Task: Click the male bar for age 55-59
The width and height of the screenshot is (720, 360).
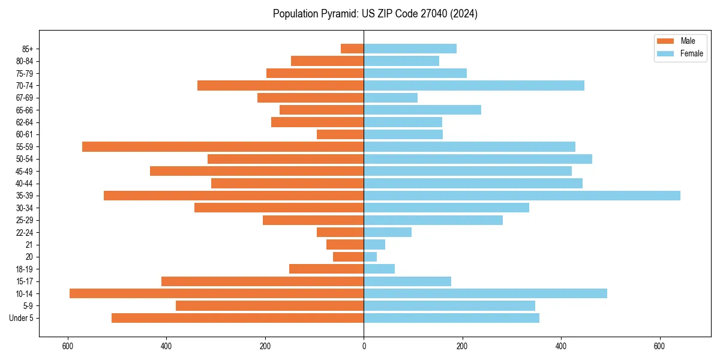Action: [x=223, y=146]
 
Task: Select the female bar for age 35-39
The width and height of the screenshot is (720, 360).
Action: [x=522, y=196]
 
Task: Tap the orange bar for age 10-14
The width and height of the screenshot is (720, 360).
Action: [x=217, y=293]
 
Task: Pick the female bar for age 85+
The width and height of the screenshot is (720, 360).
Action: [x=410, y=49]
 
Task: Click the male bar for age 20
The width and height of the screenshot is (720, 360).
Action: [x=349, y=257]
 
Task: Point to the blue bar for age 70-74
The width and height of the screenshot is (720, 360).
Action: [x=474, y=85]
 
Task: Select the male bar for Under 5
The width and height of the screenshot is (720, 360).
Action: [x=238, y=318]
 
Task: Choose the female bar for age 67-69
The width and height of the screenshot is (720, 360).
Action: [x=391, y=98]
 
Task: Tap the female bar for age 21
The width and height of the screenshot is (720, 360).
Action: [x=374, y=244]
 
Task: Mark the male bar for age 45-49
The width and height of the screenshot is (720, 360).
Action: [x=257, y=171]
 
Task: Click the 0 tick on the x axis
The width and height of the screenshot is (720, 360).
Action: [x=364, y=346]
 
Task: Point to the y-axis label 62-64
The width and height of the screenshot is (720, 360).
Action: [x=24, y=122]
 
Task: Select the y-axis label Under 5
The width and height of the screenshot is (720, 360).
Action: [x=22, y=318]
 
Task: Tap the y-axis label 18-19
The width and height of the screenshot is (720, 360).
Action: [x=24, y=269]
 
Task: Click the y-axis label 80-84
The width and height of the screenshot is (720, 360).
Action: [x=24, y=61]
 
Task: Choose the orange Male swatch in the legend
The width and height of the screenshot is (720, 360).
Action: [x=665, y=41]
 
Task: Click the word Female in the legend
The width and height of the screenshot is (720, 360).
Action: [x=692, y=53]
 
